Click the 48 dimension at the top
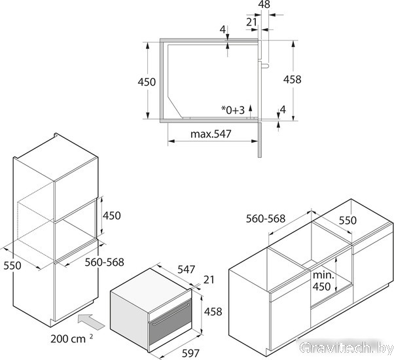pyautogui.click(x=264, y=4)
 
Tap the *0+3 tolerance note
pyautogui.click(x=233, y=110)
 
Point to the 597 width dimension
pyautogui.click(x=190, y=353)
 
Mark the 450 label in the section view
pyautogui.click(x=147, y=82)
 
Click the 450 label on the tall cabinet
pyautogui.click(x=112, y=215)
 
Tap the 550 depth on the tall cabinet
pyautogui.click(x=12, y=266)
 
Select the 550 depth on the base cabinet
pyautogui.click(x=348, y=221)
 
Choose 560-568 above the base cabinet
pyautogui.click(x=266, y=219)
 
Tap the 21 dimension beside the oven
pyautogui.click(x=209, y=279)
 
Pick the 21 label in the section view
pyautogui.click(x=251, y=22)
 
